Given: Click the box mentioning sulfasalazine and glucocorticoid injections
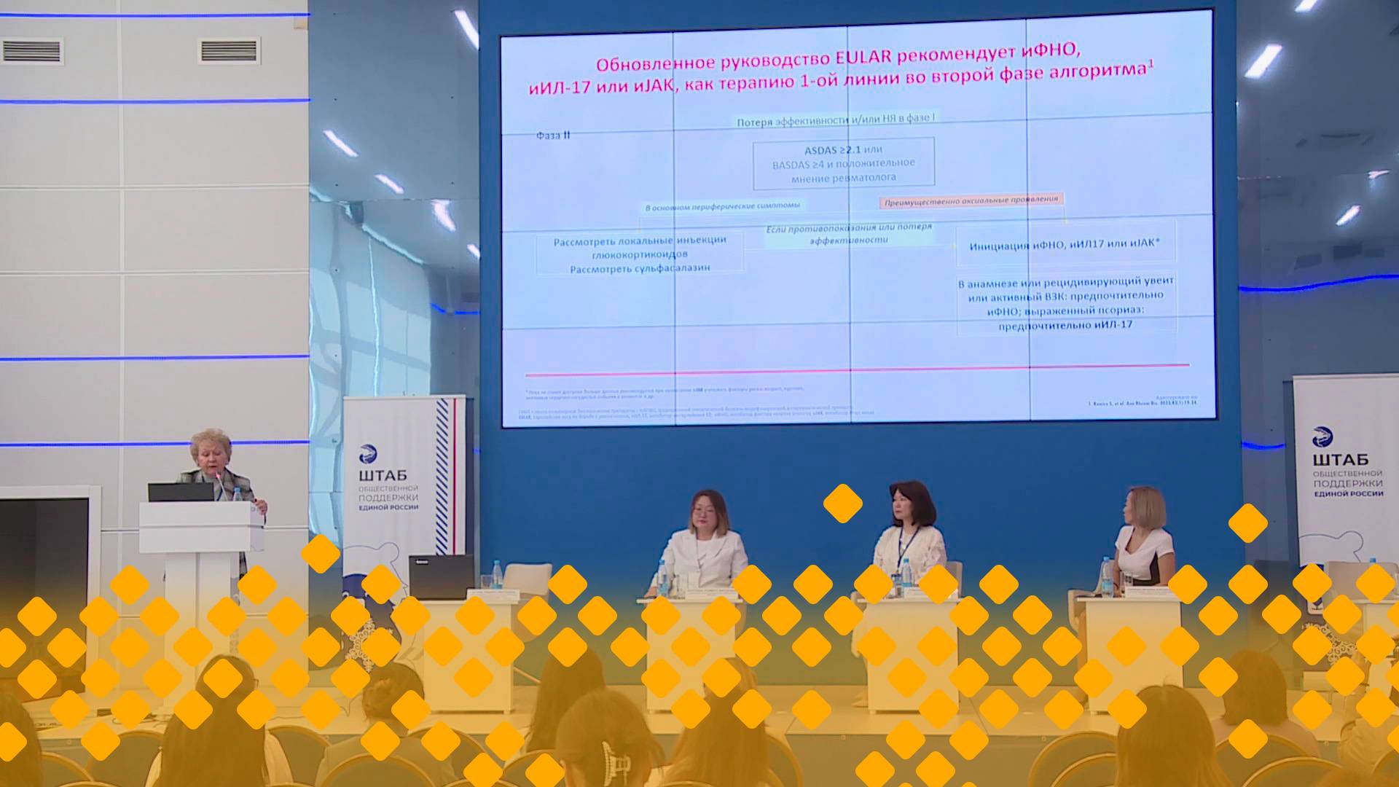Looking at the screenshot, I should (640, 254).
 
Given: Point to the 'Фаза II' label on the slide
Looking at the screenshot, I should (553, 136).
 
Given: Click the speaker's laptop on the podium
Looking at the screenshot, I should (180, 492).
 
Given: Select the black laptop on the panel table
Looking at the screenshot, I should (441, 576).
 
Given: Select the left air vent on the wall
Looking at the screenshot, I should (32, 51).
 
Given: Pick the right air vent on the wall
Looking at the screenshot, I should (229, 51).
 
